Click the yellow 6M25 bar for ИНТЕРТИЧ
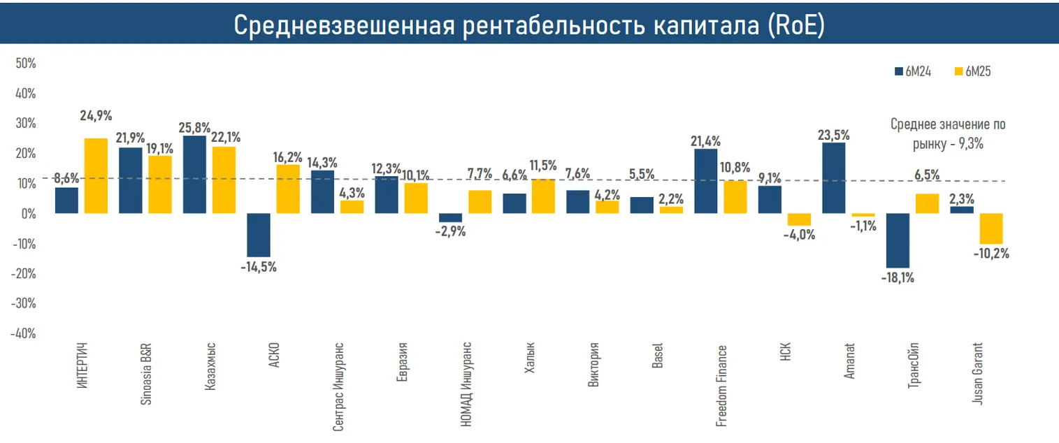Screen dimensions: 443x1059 pyautogui.click(x=96, y=175)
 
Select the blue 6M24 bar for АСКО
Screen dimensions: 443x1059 pyautogui.click(x=259, y=235)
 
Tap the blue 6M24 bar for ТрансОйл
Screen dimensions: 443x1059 pyautogui.click(x=898, y=240)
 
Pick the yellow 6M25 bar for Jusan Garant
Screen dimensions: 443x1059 pyautogui.click(x=991, y=228)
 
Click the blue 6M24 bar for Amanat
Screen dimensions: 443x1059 pyautogui.click(x=833, y=177)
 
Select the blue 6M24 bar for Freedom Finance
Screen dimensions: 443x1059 pyautogui.click(x=705, y=181)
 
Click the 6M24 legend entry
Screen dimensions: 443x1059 pyautogui.click(x=912, y=71)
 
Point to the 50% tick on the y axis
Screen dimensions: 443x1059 pyautogui.click(x=25, y=64)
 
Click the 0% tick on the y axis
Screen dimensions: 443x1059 pyautogui.click(x=28, y=214)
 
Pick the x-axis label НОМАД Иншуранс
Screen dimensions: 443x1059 pyautogui.click(x=467, y=385)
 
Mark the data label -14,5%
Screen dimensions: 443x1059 pyautogui.click(x=259, y=266)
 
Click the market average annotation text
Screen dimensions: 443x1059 pyautogui.click(x=948, y=133)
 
